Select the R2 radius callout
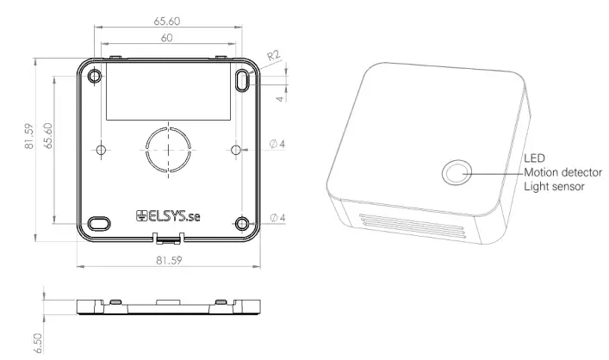coord(273,58)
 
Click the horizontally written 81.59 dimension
coord(168,258)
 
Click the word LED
coord(534,158)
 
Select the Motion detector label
coord(562,171)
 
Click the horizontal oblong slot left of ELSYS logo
coord(99,220)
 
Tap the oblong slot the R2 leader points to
coord(244,80)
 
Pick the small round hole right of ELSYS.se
coord(244,219)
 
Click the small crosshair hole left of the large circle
coord(102,150)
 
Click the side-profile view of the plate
coord(167,307)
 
